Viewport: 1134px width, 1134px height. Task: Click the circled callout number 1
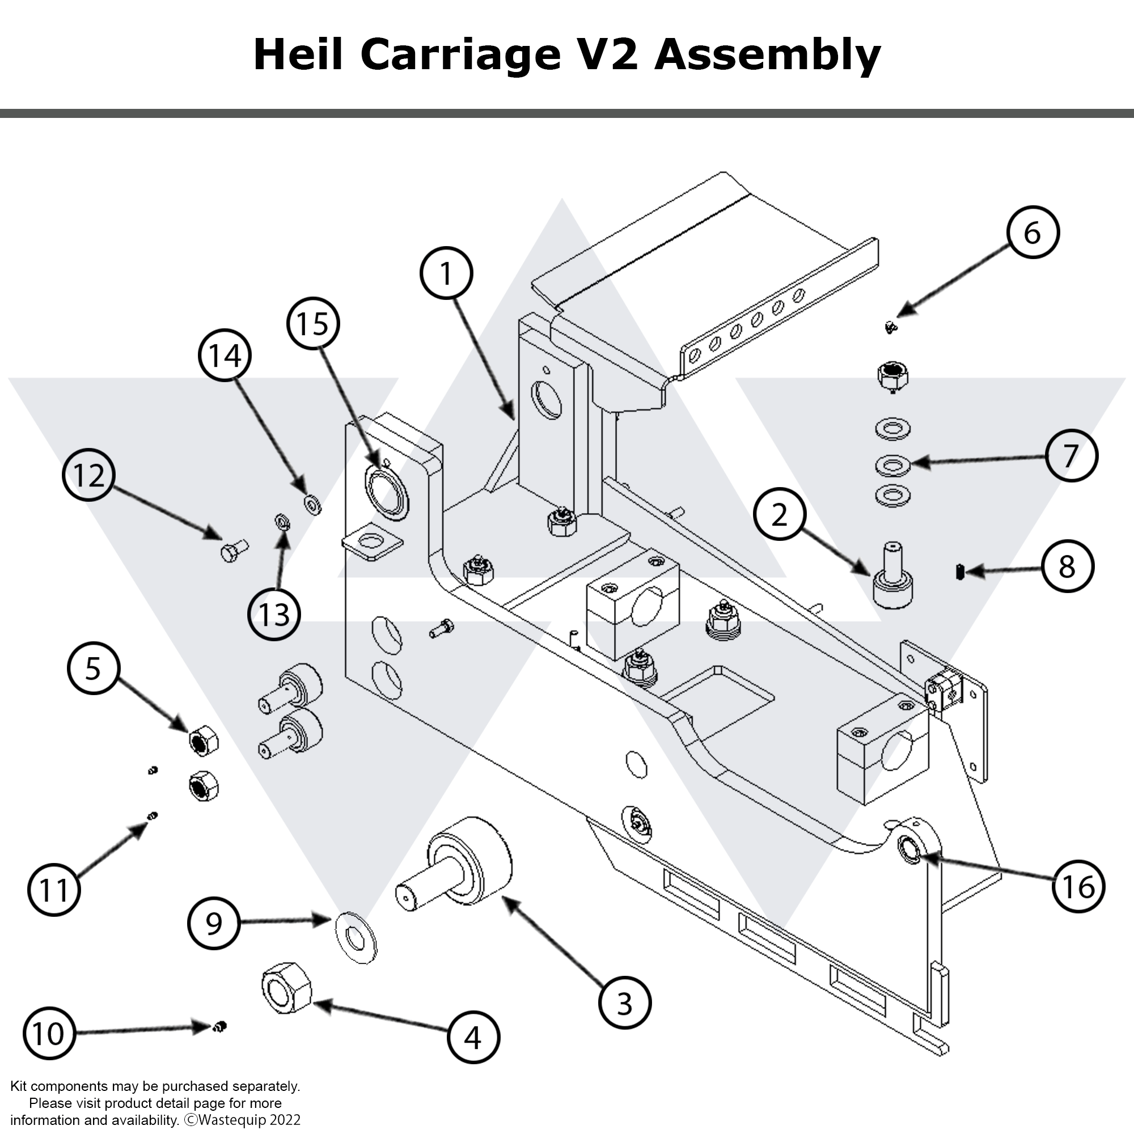point(446,273)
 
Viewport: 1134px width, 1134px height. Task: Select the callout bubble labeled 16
point(1078,886)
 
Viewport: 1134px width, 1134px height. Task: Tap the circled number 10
point(49,1034)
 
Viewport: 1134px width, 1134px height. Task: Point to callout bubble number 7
point(1071,455)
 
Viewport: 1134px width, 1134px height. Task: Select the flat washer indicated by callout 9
point(356,937)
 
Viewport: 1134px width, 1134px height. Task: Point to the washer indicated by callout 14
point(312,503)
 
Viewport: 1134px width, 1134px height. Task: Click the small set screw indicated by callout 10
point(220,1027)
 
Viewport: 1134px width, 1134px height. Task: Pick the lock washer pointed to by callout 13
point(282,520)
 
